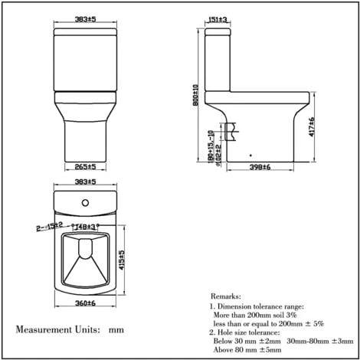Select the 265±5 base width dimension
point(85,166)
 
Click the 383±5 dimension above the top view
point(84,185)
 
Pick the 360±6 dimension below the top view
point(84,305)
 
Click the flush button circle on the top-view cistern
point(84,202)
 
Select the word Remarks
point(229,296)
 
